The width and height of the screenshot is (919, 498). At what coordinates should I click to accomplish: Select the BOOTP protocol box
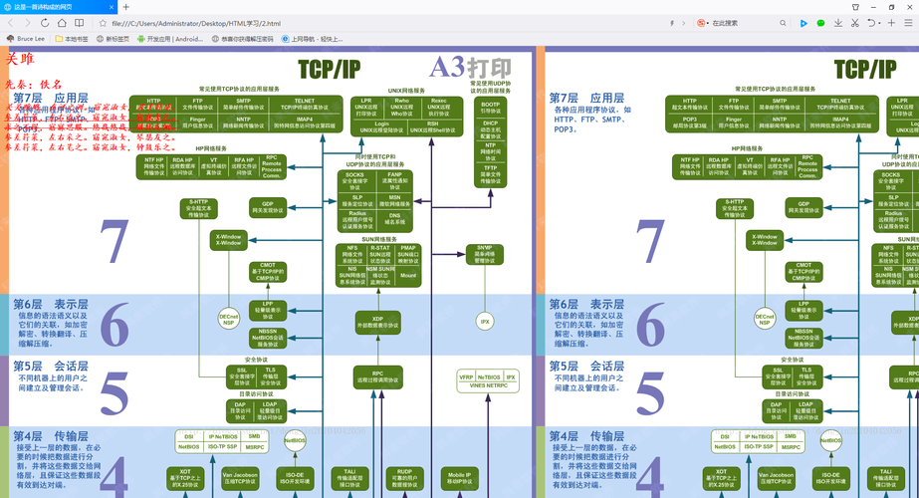pyautogui.click(x=491, y=107)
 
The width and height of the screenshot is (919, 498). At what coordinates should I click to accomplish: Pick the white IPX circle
pyautogui.click(x=485, y=322)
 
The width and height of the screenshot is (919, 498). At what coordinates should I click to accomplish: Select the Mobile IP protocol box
pyautogui.click(x=459, y=478)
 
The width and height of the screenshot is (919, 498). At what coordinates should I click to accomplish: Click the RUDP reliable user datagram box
pyautogui.click(x=404, y=478)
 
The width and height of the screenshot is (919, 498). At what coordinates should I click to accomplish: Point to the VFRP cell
pyautogui.click(x=466, y=377)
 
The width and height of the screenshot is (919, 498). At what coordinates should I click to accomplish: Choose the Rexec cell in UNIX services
pyautogui.click(x=438, y=107)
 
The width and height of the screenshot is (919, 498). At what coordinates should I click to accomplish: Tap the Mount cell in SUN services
pyautogui.click(x=408, y=276)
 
